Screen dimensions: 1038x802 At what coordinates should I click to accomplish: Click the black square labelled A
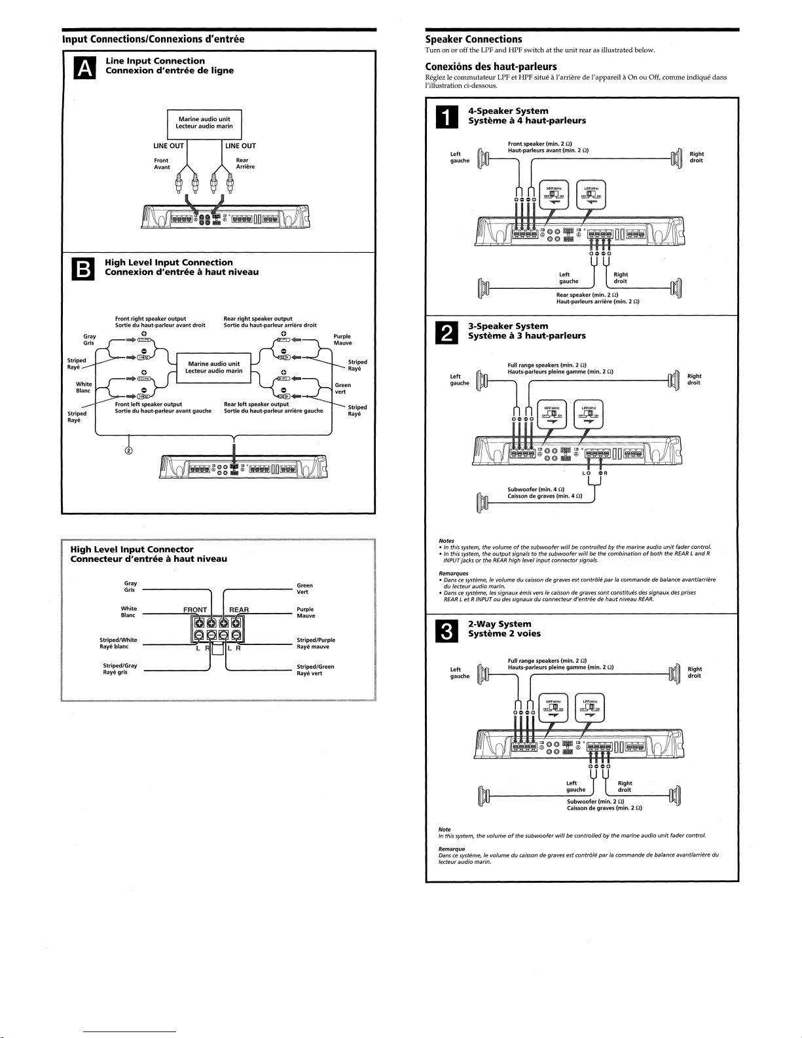pyautogui.click(x=85, y=67)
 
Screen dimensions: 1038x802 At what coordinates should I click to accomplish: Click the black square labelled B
pyautogui.click(x=85, y=269)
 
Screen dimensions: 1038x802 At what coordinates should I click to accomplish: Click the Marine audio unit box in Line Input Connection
pyautogui.click(x=204, y=123)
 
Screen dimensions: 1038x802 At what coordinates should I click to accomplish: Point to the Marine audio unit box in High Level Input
pyautogui.click(x=214, y=367)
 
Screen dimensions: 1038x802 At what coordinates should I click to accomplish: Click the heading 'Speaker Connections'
pyautogui.click(x=473, y=39)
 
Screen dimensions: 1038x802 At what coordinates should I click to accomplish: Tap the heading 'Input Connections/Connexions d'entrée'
pyautogui.click(x=153, y=39)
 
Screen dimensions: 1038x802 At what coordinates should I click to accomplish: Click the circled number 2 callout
pyautogui.click(x=129, y=451)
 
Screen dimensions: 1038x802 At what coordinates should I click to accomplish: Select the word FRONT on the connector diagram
pyautogui.click(x=195, y=610)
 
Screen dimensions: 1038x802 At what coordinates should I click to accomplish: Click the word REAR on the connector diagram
pyautogui.click(x=239, y=610)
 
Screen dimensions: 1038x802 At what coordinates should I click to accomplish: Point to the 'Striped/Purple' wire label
pyautogui.click(x=316, y=640)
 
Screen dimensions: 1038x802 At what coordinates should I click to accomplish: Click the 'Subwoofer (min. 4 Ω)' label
pyautogui.click(x=536, y=489)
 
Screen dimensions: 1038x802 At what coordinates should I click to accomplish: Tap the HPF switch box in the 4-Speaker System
pyautogui.click(x=553, y=194)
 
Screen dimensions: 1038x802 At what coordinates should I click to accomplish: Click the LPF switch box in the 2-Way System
pyautogui.click(x=590, y=709)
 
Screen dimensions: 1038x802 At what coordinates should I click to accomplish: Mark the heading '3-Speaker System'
pyautogui.click(x=508, y=326)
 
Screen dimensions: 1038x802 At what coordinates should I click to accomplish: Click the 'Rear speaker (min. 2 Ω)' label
pyautogui.click(x=587, y=295)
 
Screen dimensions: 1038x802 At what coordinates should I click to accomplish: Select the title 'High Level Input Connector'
pyautogui.click(x=132, y=549)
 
